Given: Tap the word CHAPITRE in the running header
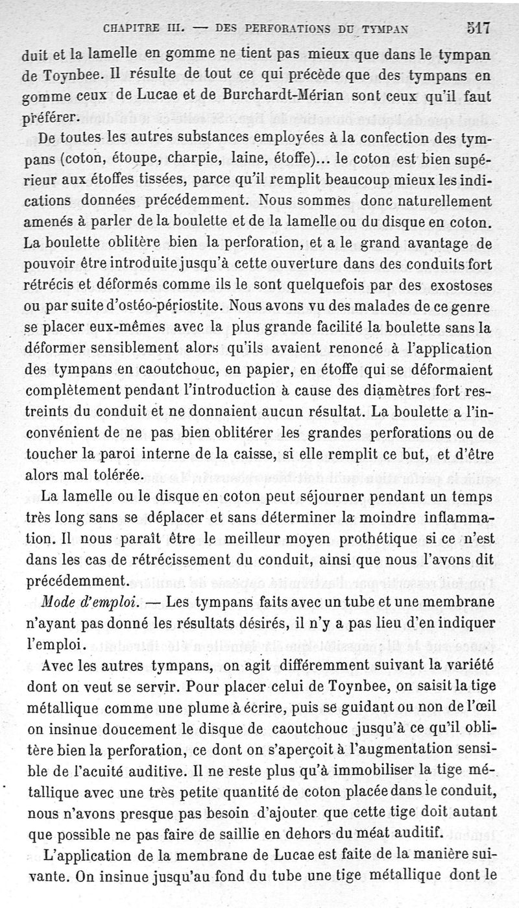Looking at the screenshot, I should [x=129, y=29].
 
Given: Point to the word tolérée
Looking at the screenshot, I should [x=123, y=474].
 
